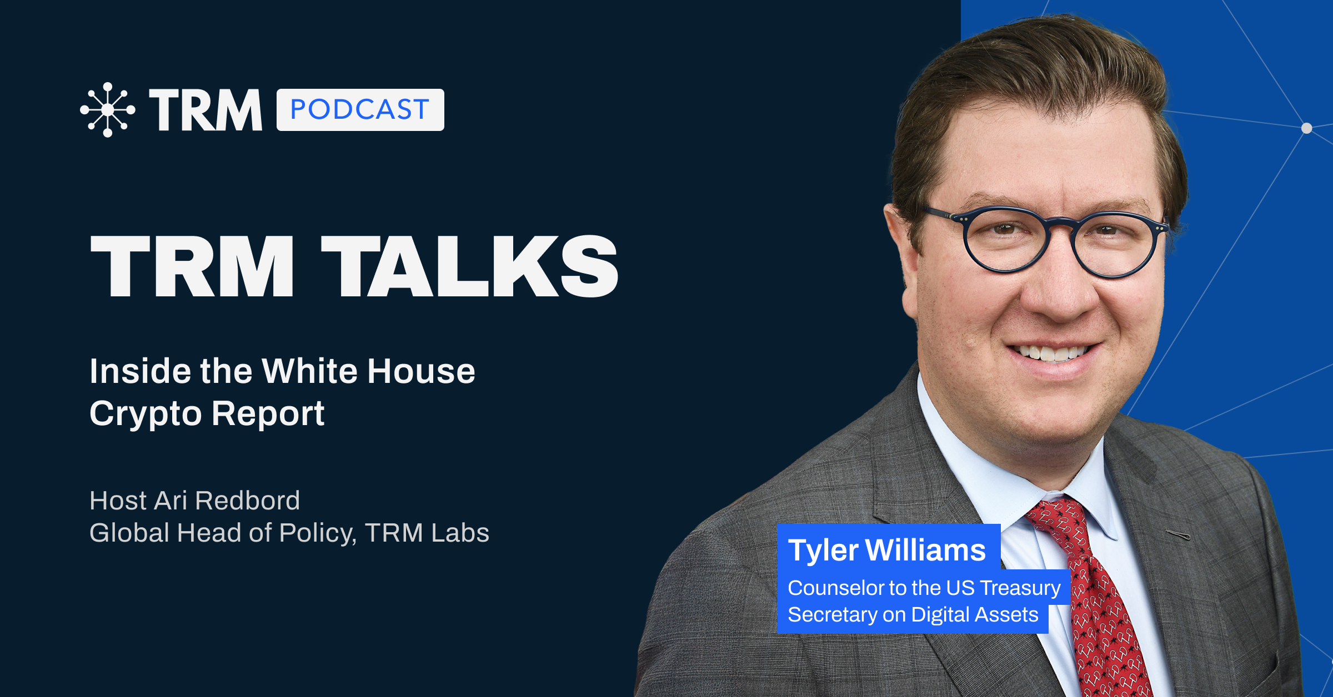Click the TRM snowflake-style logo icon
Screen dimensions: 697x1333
click(x=108, y=110)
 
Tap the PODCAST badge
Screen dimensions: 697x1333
click(x=360, y=110)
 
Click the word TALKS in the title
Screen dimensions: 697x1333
click(x=470, y=266)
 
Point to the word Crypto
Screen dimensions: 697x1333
click(x=145, y=414)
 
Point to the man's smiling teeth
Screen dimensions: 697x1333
click(x=1050, y=353)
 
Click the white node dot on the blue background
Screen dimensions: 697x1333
click(x=1306, y=128)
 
